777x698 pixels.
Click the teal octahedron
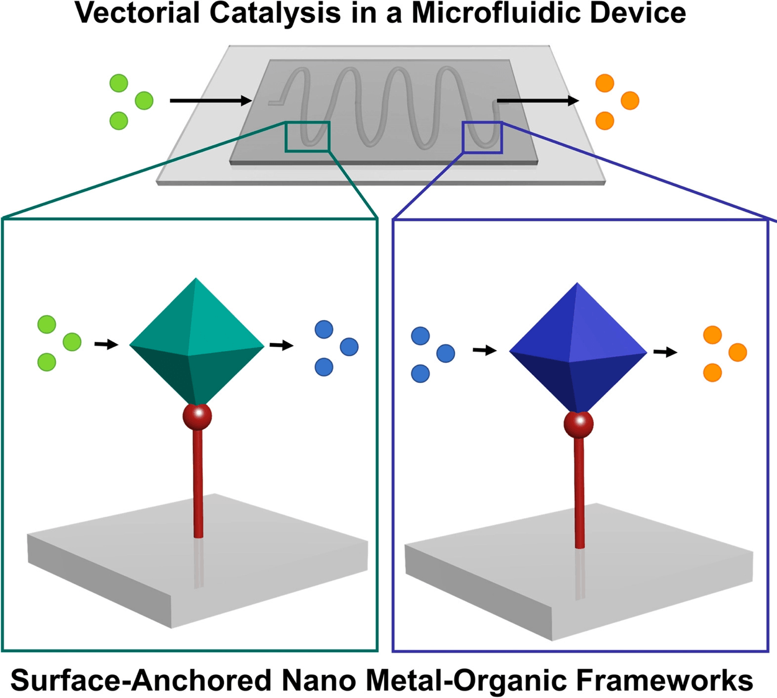(x=197, y=342)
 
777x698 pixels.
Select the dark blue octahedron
(x=578, y=348)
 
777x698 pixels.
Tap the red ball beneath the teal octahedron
(x=197, y=418)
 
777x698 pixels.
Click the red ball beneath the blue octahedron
(x=578, y=424)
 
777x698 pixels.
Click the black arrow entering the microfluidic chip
(x=211, y=101)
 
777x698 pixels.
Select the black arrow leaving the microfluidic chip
(x=538, y=101)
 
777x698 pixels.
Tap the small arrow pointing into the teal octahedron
(x=107, y=344)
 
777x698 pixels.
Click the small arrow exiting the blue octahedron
(x=665, y=352)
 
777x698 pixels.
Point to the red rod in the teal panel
(x=198, y=484)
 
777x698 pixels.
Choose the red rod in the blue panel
(x=579, y=493)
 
